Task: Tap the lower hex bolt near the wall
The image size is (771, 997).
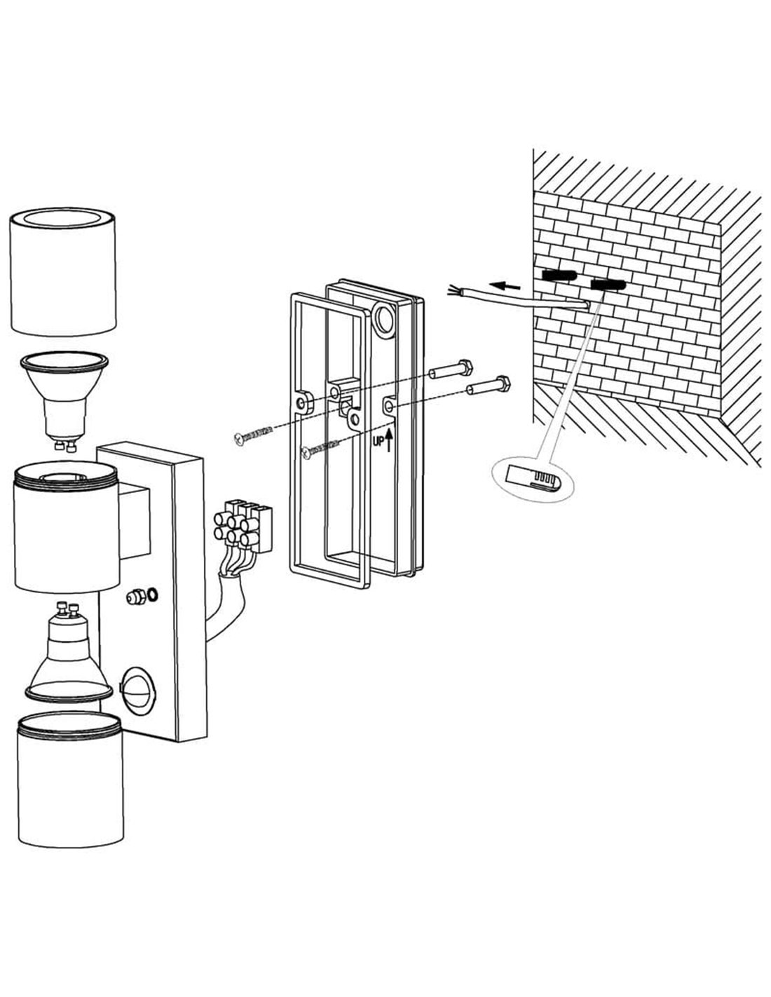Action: pos(489,385)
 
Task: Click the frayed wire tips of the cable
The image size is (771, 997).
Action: pos(456,289)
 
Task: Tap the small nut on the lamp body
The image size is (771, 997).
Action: pos(134,597)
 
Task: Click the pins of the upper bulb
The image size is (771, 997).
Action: pos(64,444)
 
